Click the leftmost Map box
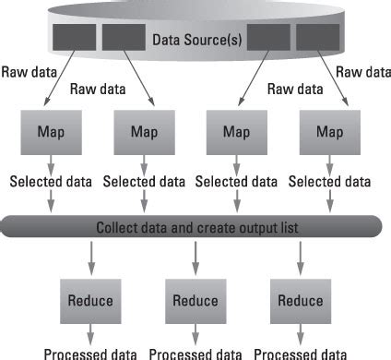coord(51,131)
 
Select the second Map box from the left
coord(143,131)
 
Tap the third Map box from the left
coord(236,131)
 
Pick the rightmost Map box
coord(329,131)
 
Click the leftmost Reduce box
coord(89,300)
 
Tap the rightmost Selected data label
coord(330,183)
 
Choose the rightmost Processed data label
coord(301,353)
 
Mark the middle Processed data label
coord(195,353)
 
